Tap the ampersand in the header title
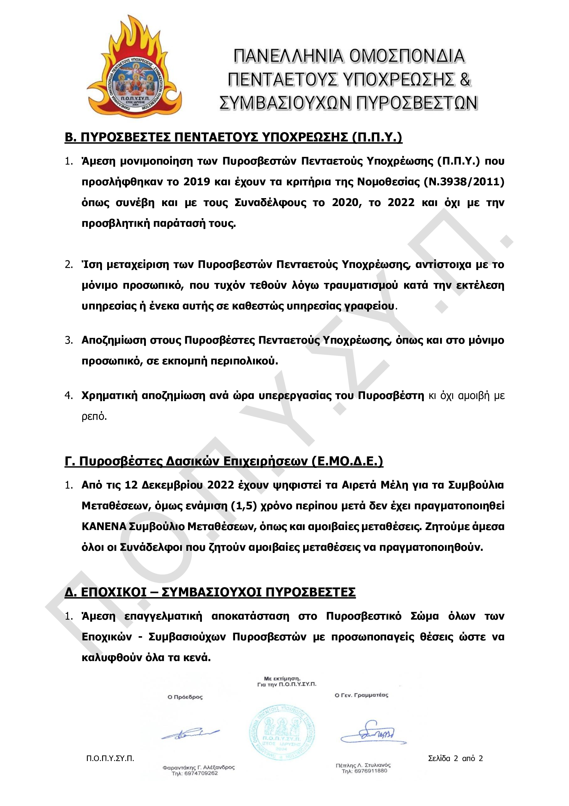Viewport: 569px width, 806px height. tap(465, 79)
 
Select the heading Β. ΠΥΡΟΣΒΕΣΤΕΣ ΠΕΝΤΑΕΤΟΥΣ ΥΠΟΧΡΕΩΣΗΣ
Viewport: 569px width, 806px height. tap(233, 137)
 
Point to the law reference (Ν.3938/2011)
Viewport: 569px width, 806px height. tap(464, 182)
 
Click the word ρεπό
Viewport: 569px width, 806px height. tap(94, 416)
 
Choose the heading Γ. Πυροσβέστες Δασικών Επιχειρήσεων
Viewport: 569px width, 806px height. tap(224, 461)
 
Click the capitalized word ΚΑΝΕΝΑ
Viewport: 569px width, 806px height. tap(104, 527)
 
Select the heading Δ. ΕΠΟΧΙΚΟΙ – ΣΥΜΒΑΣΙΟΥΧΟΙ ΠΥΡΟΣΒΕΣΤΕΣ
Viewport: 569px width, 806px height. tap(210, 592)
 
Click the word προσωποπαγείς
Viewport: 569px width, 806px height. tap(372, 637)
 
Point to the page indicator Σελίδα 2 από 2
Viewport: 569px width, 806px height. tap(455, 758)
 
